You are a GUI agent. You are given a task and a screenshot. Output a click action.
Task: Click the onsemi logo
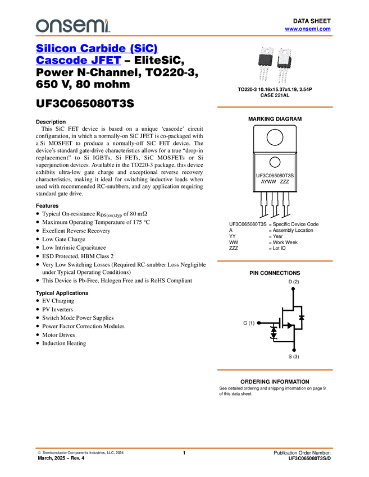click(x=72, y=25)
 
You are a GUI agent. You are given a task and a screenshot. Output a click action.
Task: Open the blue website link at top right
click(x=308, y=29)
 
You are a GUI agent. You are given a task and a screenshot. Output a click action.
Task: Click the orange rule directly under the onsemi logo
click(x=184, y=36)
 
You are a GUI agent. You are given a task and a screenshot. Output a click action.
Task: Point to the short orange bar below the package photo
click(x=275, y=107)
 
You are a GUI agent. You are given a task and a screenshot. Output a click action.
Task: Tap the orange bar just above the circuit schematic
click(x=275, y=261)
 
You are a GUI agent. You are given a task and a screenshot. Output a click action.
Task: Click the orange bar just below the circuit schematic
click(x=275, y=370)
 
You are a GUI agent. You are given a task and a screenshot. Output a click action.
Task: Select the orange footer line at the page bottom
click(x=184, y=448)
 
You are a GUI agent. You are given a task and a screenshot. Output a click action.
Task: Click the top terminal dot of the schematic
click(x=294, y=288)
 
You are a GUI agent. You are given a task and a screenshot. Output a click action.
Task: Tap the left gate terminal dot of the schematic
click(x=258, y=323)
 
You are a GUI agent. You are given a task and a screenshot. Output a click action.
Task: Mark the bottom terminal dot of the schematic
click(x=294, y=350)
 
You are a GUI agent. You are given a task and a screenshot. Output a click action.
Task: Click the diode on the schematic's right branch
click(x=302, y=318)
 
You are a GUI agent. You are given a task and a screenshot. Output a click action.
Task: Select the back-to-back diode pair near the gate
click(x=274, y=333)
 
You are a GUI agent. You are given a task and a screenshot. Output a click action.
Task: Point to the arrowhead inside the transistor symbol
click(x=290, y=325)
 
